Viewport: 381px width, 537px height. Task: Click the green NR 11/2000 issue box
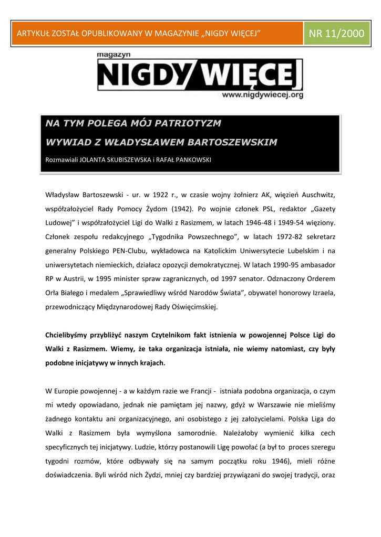pos(336,34)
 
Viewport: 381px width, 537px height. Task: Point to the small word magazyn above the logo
pos(113,54)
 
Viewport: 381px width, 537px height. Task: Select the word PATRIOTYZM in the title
pos(190,124)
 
